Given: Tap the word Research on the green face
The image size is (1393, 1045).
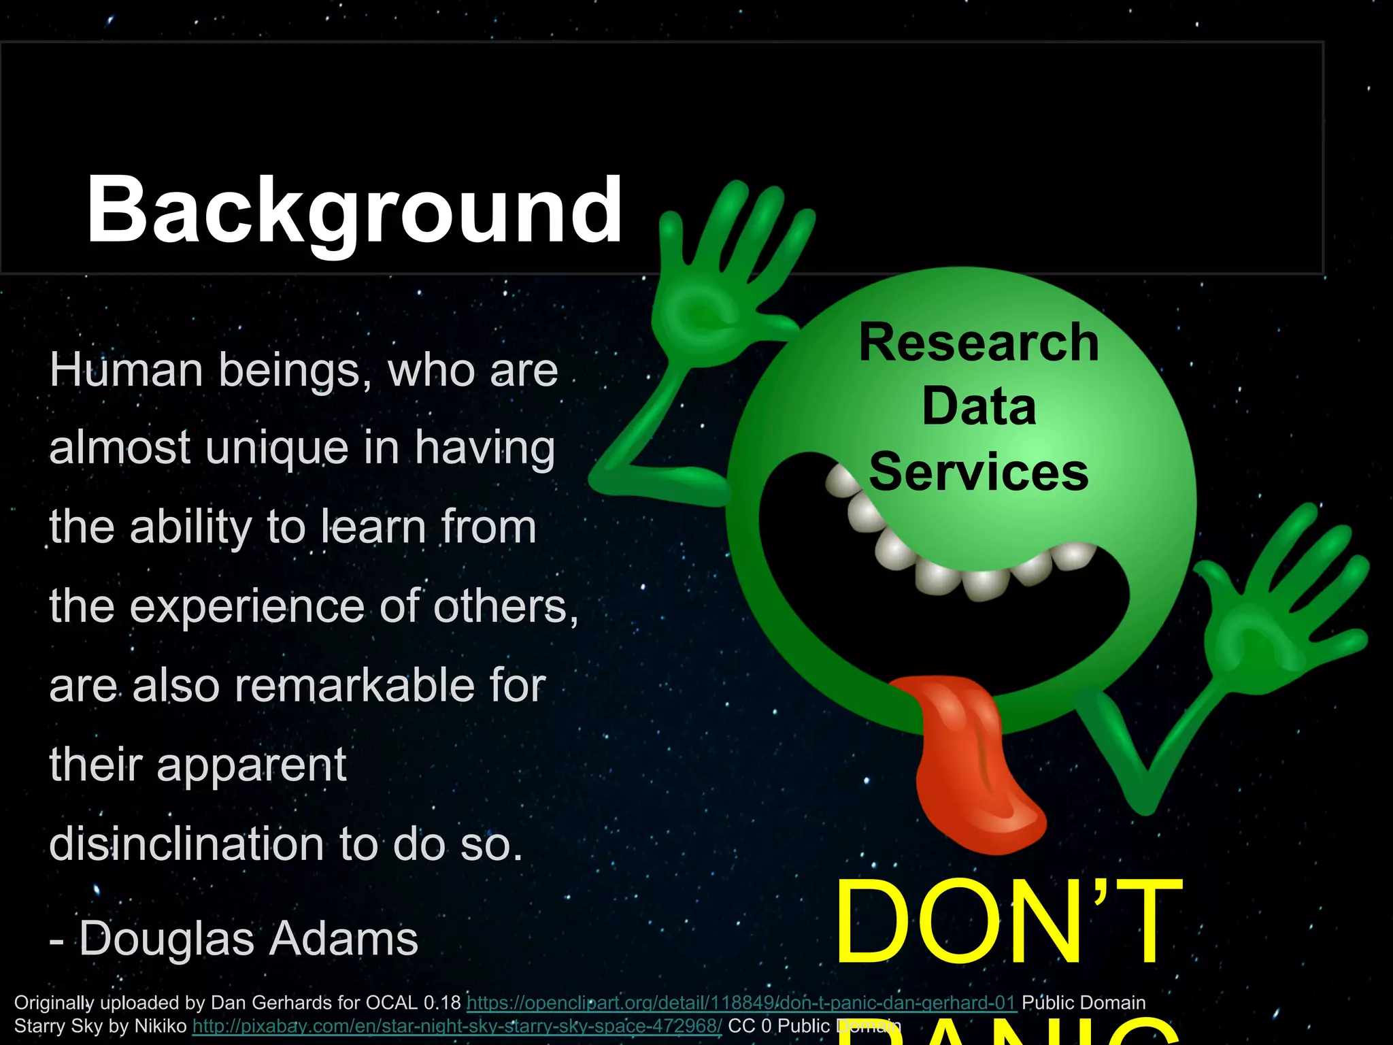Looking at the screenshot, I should (x=979, y=342).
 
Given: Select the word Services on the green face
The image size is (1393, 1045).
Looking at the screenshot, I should (x=979, y=472).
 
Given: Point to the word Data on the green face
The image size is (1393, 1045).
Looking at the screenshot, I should (x=979, y=407).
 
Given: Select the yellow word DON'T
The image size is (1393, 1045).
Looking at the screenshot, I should (x=1008, y=923).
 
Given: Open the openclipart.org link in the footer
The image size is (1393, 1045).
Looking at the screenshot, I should (x=741, y=1003).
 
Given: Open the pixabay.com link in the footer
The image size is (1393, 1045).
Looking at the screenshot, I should (x=457, y=1026).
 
